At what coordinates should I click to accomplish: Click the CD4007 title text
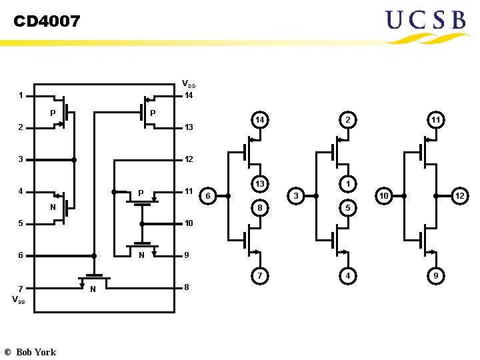point(47,22)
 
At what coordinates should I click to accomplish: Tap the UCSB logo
point(425,25)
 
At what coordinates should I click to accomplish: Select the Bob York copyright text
point(30,351)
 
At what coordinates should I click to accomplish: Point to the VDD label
point(189,84)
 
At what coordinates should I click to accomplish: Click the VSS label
point(19,299)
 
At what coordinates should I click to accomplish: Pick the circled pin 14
point(260,120)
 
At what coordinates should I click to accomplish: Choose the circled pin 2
point(347,120)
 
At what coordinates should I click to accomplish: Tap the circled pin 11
point(435,120)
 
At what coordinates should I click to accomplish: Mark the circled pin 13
point(260,184)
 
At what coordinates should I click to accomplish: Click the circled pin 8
point(260,207)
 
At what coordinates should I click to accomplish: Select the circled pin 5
point(347,207)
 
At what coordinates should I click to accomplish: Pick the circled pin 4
point(347,275)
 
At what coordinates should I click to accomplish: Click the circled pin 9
point(435,275)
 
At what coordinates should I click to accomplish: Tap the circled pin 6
point(209,195)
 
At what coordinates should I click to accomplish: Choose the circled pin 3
point(297,195)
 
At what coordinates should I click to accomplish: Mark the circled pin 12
point(459,195)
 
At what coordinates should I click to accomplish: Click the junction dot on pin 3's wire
point(74,160)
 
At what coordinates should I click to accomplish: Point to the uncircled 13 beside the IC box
point(189,127)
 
